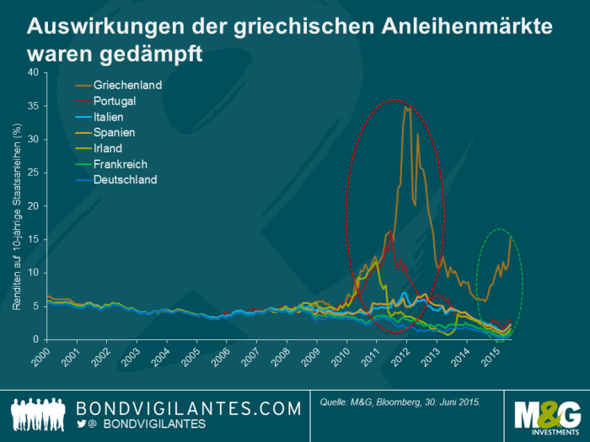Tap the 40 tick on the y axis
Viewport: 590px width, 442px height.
pos(34,72)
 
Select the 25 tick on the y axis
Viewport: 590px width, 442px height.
pos(34,173)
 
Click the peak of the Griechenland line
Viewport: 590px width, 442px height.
pos(406,107)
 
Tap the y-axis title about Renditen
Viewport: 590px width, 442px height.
pos(16,216)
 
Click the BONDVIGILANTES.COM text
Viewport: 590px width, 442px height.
pos(189,408)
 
